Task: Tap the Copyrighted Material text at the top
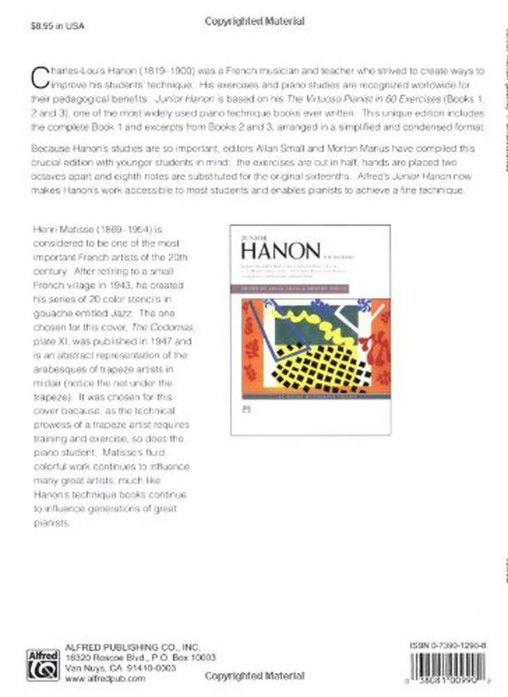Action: (x=255, y=22)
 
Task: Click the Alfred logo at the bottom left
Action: (x=43, y=665)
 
